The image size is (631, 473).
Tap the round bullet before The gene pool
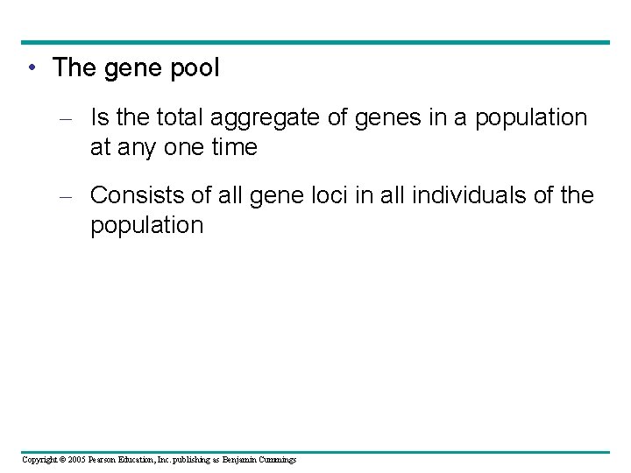point(31,68)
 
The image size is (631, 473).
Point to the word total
point(178,117)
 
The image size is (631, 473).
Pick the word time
point(234,147)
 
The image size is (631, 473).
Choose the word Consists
point(136,194)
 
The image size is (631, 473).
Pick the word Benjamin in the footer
point(238,460)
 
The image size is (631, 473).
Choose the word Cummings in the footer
point(276,460)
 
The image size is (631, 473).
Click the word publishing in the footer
point(181,460)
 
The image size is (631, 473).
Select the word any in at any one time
point(134,147)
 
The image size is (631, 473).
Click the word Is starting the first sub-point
point(101,117)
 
